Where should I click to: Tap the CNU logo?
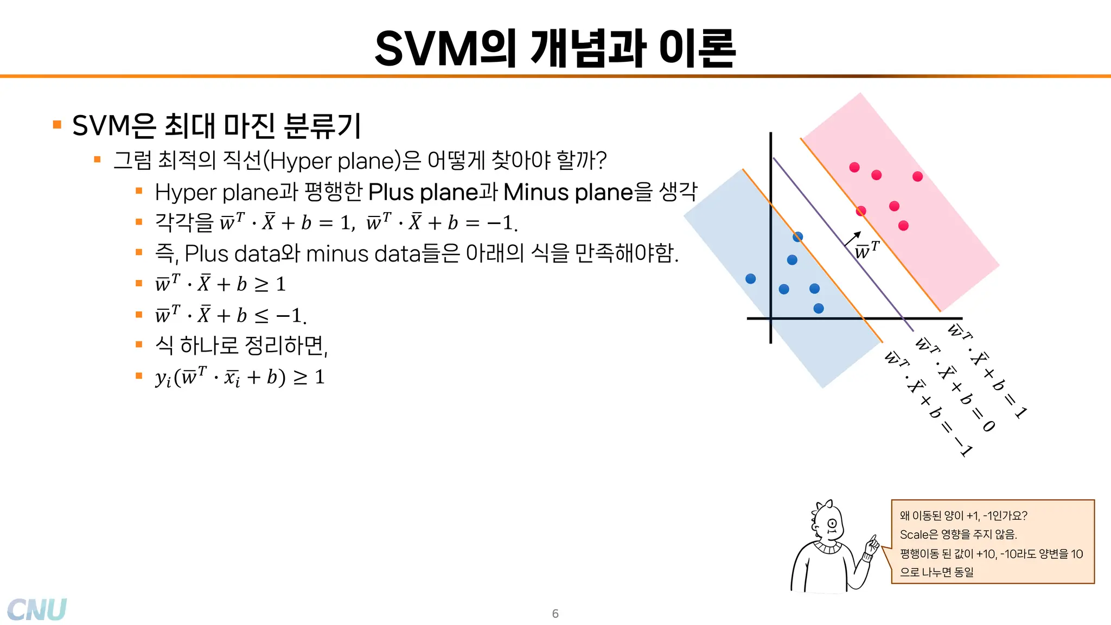pyautogui.click(x=37, y=609)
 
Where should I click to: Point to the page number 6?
pyautogui.click(x=555, y=614)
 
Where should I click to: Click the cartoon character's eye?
pyautogui.click(x=832, y=524)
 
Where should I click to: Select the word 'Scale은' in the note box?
pyautogui.click(x=918, y=534)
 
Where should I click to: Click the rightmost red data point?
pyautogui.click(x=917, y=176)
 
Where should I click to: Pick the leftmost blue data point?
pyautogui.click(x=751, y=279)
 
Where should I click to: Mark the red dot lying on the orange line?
pyautogui.click(x=861, y=211)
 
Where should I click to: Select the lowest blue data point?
pyautogui.click(x=819, y=309)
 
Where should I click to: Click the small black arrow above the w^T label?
pyautogui.click(x=853, y=239)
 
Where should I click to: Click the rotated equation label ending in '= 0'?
pyautogui.click(x=955, y=385)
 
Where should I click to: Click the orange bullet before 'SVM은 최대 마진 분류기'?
pyautogui.click(x=57, y=125)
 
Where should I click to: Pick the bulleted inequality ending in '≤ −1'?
pyautogui.click(x=231, y=315)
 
